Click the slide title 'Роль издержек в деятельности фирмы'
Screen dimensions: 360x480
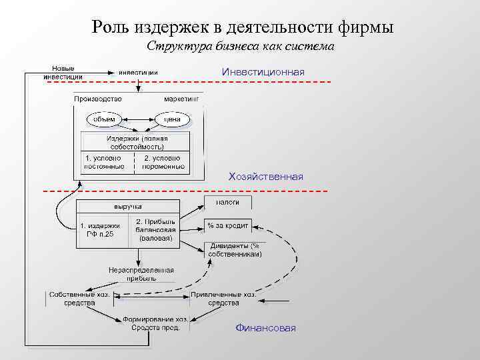pos(243,27)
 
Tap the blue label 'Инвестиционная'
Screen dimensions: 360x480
pos(263,71)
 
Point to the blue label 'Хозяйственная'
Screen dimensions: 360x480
pos(265,177)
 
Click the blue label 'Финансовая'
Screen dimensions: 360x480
pos(265,329)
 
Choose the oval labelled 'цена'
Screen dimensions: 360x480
pos(173,119)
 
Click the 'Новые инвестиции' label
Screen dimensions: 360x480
pos(63,73)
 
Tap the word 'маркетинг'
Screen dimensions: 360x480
pos(181,98)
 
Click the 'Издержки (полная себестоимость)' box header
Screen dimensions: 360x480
pos(136,142)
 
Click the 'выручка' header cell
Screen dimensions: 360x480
pos(127,206)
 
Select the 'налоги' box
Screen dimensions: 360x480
pos(227,202)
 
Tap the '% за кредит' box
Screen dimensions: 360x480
pos(227,225)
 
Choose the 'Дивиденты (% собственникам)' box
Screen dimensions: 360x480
pos(235,250)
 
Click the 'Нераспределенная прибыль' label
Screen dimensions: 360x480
pos(141,274)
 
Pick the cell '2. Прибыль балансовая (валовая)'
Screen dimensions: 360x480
pos(155,230)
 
